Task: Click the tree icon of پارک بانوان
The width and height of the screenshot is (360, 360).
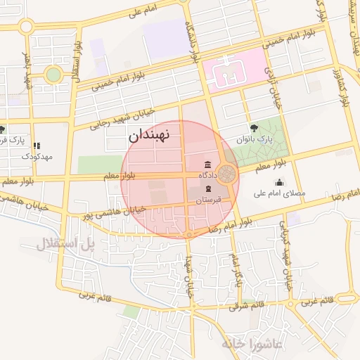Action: coord(254,127)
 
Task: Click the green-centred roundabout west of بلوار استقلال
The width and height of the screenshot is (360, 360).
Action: coord(53,74)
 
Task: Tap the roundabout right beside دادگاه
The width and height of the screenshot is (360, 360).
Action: coord(226,173)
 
